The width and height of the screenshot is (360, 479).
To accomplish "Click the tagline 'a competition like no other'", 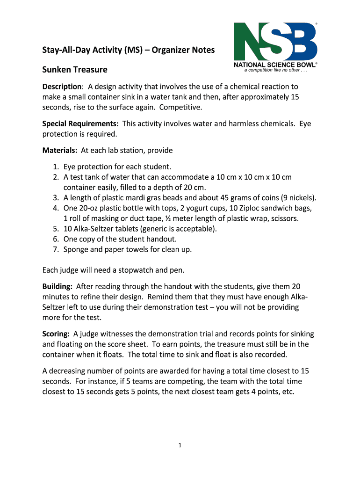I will [275, 71].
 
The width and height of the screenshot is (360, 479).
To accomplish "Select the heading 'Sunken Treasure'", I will [75, 70].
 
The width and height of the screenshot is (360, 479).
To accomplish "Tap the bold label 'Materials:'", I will [60, 150].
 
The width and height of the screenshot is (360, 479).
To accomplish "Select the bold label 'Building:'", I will [58, 286].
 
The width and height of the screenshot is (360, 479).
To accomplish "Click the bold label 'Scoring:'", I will [56, 334].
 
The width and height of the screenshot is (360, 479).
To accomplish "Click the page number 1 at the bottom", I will [180, 445].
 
